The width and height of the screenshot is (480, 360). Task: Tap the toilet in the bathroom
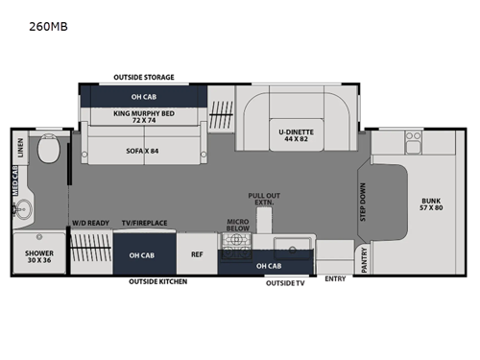coord(46,153)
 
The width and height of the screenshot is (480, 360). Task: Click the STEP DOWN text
coord(363,202)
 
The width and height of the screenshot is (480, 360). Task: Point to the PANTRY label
coord(364,260)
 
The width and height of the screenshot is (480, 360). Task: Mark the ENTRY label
coord(335,279)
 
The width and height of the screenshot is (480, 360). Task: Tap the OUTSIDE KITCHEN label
coord(158,281)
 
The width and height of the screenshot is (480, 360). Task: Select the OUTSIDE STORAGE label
coord(143,76)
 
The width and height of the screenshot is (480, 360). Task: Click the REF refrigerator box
coord(197,254)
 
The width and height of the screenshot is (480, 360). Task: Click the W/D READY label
coord(89,223)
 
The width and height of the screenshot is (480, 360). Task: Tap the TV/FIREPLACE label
coord(144,223)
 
